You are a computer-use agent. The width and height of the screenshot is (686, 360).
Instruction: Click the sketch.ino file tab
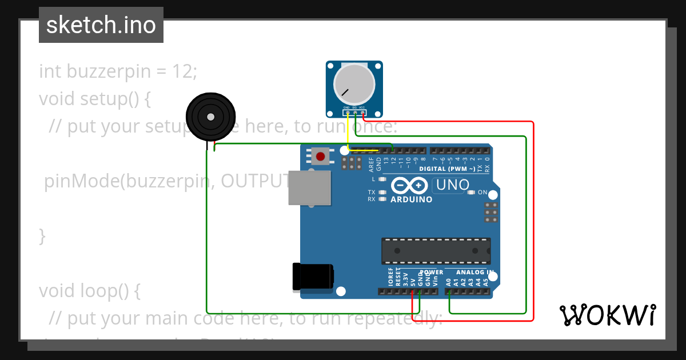tap(101, 25)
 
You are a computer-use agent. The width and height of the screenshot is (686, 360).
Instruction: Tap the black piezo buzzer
tap(210, 117)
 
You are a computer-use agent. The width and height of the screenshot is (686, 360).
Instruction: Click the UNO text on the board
tap(453, 185)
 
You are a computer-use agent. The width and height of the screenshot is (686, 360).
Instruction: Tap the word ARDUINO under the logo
tap(411, 200)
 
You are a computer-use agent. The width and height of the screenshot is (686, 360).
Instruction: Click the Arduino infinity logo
tap(409, 186)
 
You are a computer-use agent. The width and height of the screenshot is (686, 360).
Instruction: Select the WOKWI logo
tap(608, 315)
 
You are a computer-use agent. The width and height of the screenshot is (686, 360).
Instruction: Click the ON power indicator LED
tap(471, 193)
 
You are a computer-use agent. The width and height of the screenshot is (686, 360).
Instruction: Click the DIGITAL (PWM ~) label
tap(447, 169)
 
